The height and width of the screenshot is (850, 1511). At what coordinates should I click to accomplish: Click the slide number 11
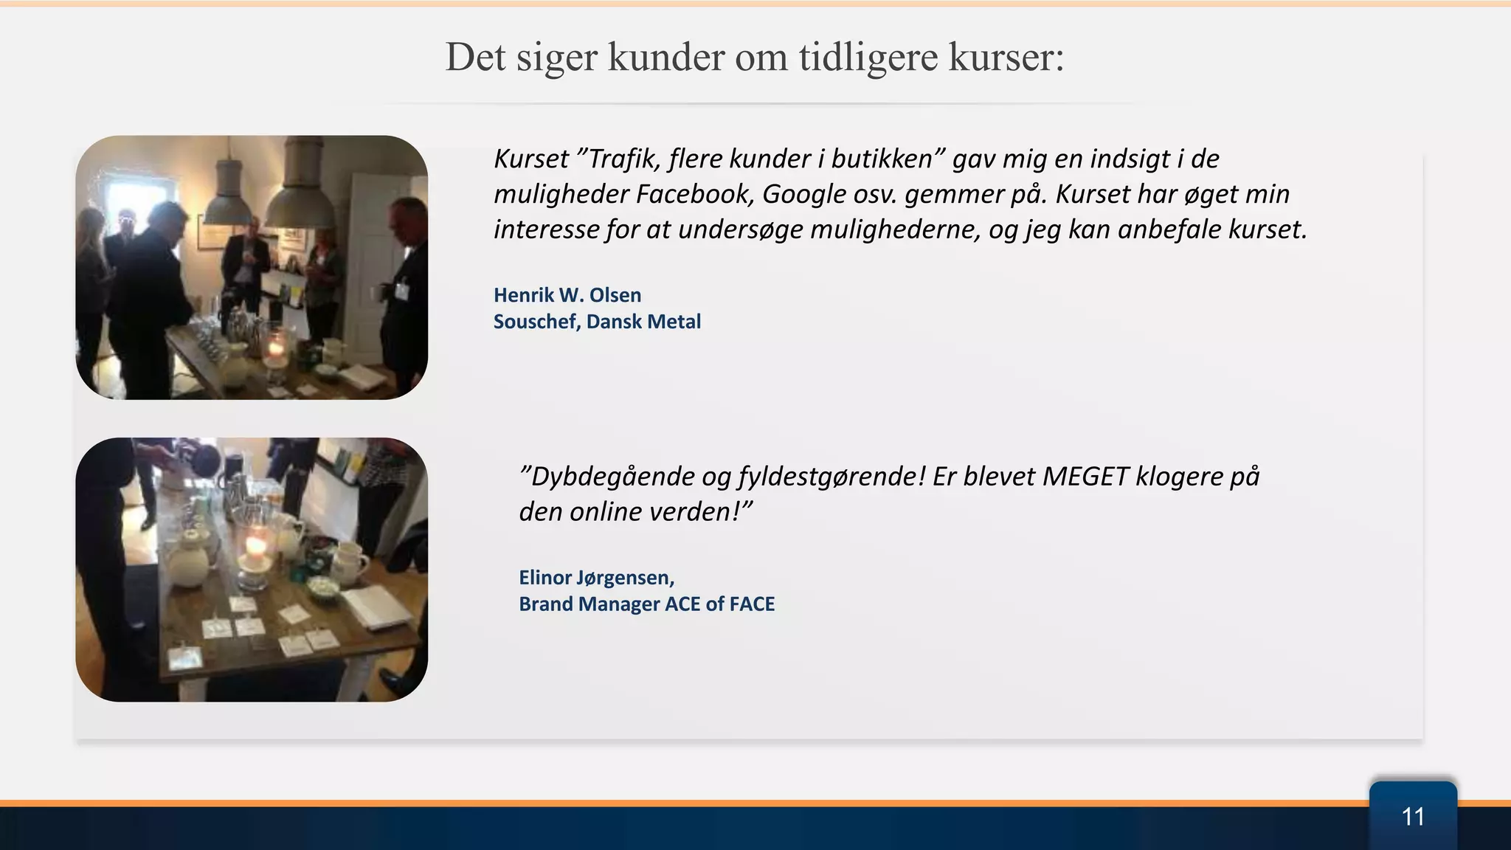tap(1412, 817)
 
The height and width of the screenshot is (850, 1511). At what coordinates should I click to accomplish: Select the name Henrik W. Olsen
tap(567, 295)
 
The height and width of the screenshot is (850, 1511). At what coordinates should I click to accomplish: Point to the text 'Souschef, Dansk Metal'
tap(597, 322)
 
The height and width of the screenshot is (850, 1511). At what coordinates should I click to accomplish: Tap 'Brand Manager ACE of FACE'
tap(646, 604)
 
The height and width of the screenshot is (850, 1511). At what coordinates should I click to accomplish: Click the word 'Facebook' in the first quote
tap(694, 194)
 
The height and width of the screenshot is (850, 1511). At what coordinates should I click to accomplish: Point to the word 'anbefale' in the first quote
tap(1170, 229)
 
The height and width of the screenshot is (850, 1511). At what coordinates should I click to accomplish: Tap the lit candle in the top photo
tap(276, 347)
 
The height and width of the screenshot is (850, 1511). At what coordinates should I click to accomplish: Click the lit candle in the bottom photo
tap(255, 547)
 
